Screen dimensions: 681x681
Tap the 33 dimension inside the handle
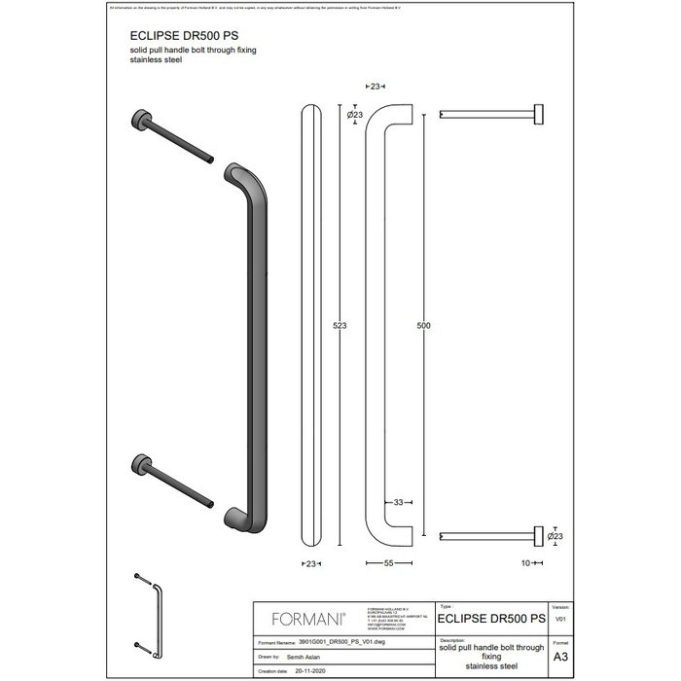(399, 503)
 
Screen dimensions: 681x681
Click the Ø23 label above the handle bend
(355, 116)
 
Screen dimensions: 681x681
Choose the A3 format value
(560, 658)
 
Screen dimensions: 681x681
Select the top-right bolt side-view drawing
(491, 116)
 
